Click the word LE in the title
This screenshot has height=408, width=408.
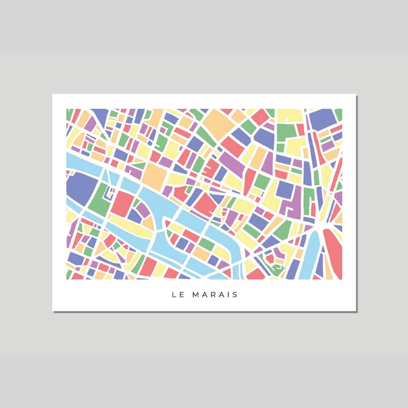tap(177, 295)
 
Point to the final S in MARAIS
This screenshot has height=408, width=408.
tap(235, 295)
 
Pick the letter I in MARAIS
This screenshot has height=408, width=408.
tap(228, 295)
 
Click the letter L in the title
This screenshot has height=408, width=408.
tap(173, 295)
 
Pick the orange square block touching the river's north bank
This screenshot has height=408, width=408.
tap(154, 176)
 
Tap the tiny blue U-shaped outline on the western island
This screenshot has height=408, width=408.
tap(142, 211)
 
